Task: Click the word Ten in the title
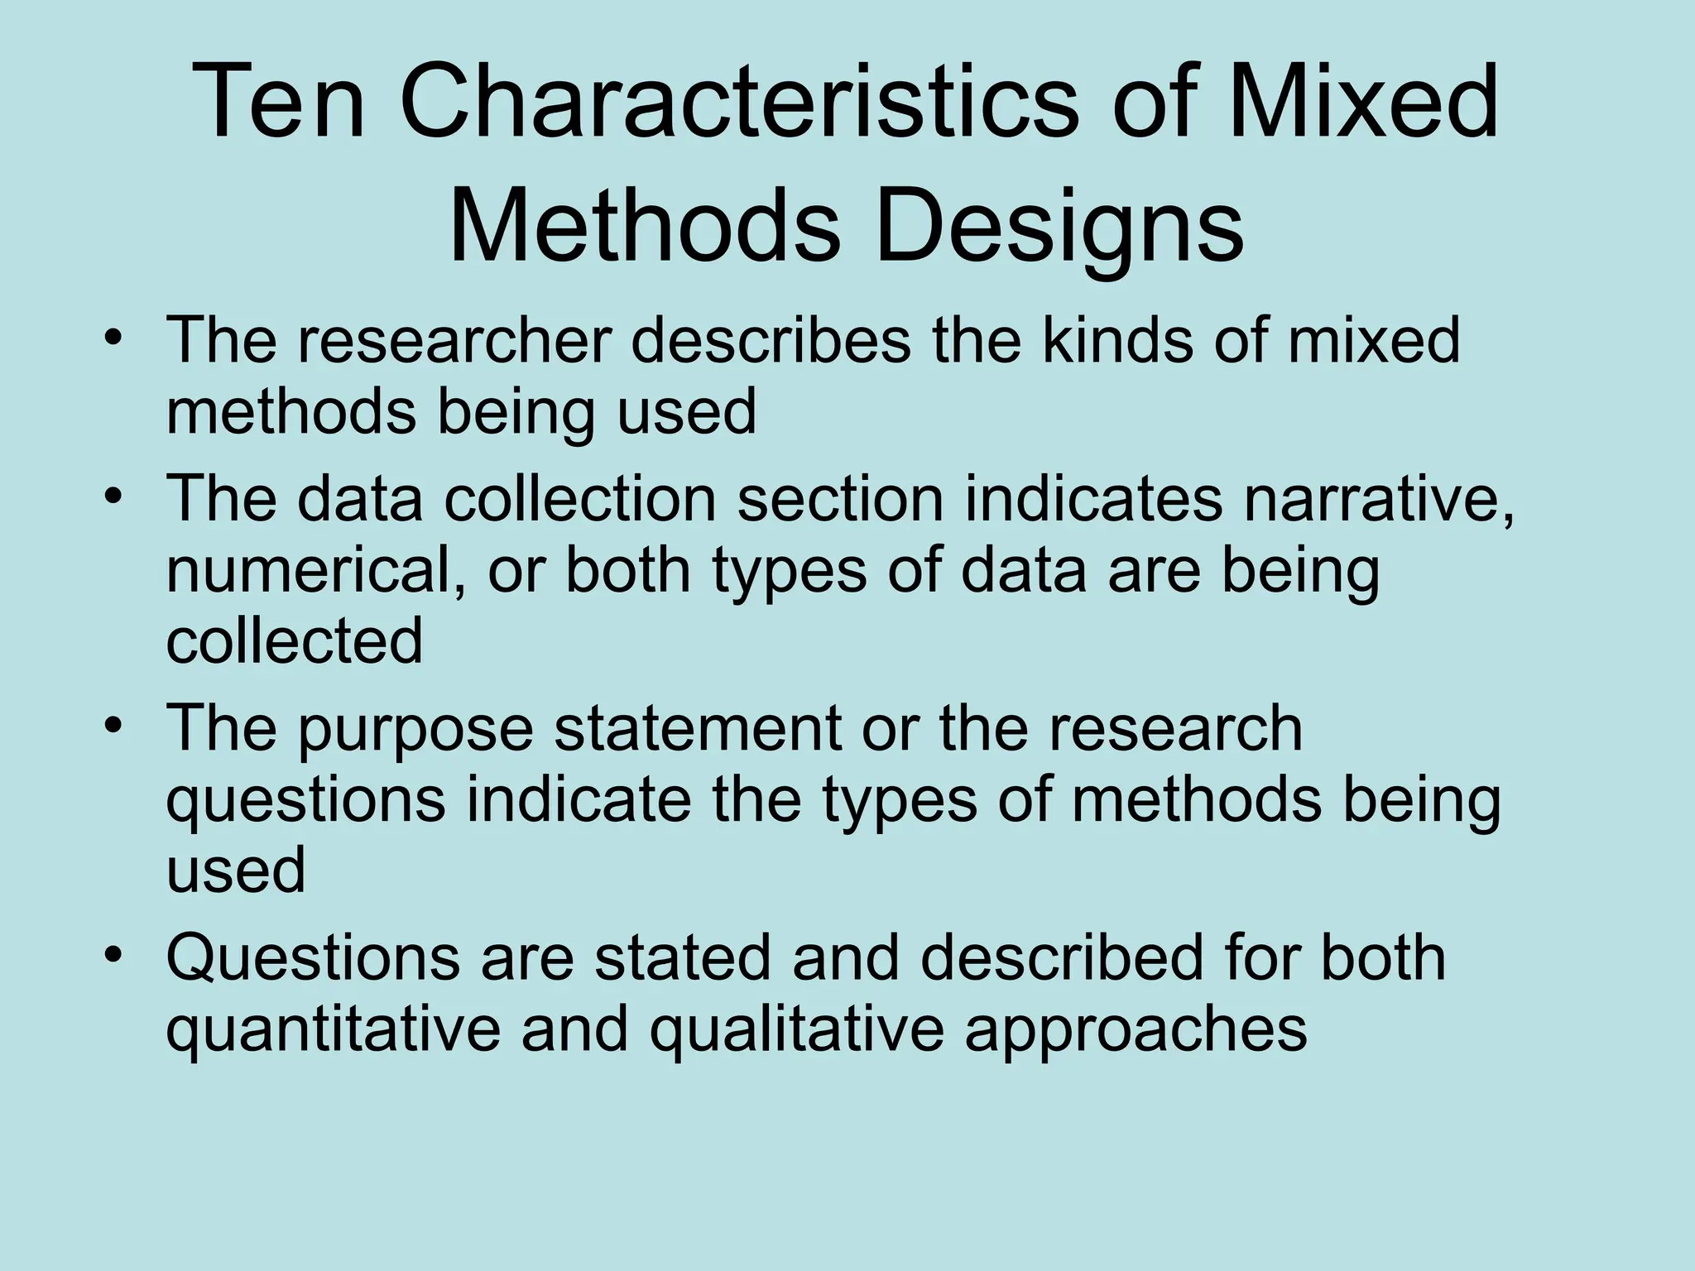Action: pyautogui.click(x=279, y=103)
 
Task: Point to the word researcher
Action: pyautogui.click(x=454, y=340)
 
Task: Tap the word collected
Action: pyautogui.click(x=295, y=640)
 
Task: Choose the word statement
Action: pyautogui.click(x=697, y=729)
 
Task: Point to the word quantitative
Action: pyautogui.click(x=334, y=1029)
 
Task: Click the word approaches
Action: pyautogui.click(x=1136, y=1029)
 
